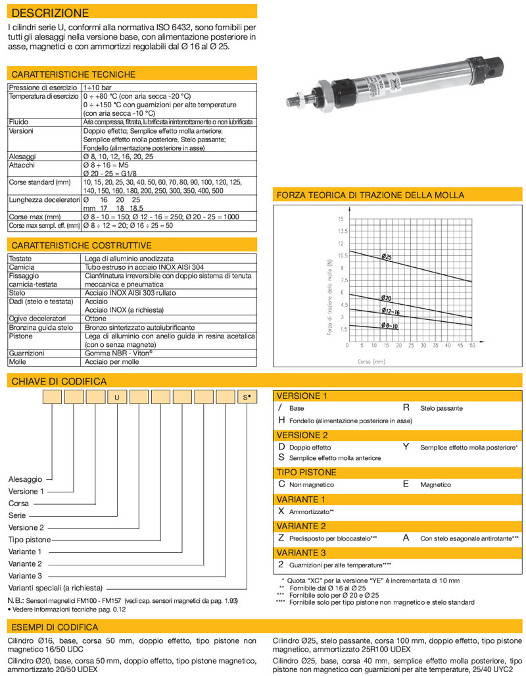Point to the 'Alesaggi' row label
(x=22, y=157)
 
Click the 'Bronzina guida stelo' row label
(x=41, y=327)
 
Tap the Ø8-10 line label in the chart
(x=389, y=326)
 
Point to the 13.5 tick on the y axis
(x=342, y=231)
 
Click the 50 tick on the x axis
(x=472, y=345)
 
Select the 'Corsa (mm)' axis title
(x=371, y=361)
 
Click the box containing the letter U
(x=116, y=397)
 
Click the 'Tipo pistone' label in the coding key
(x=30, y=540)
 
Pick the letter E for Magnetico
(x=406, y=484)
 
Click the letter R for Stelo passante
(x=406, y=408)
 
